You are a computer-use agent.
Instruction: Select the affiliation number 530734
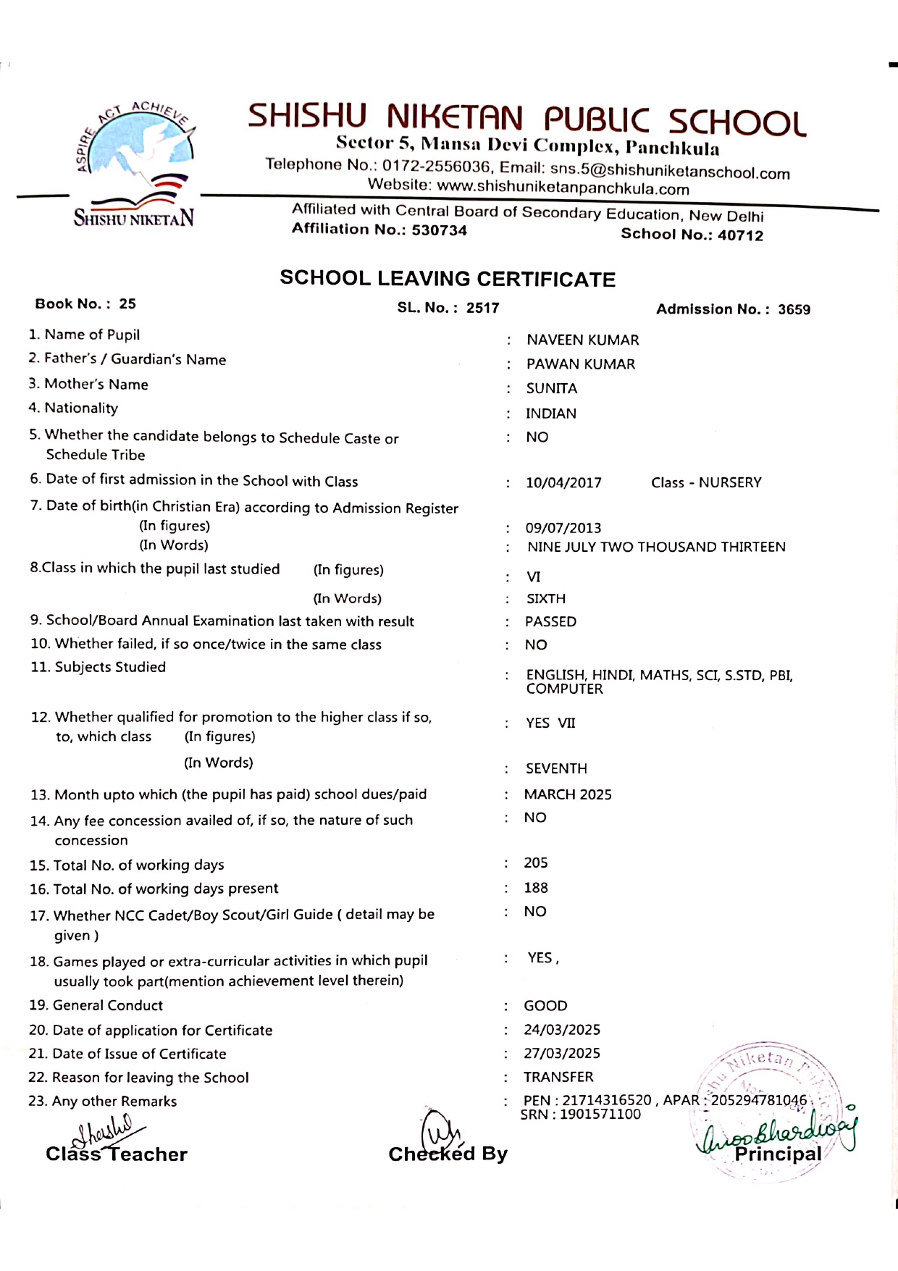click(x=439, y=230)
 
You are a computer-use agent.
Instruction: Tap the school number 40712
click(x=740, y=235)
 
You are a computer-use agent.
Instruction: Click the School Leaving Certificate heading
click(x=448, y=279)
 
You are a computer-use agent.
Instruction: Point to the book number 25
click(x=127, y=303)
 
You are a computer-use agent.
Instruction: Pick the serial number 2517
click(x=482, y=308)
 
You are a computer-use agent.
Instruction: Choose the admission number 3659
click(x=794, y=309)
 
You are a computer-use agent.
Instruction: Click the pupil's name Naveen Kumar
click(x=582, y=340)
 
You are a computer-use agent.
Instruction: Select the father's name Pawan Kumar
click(x=580, y=364)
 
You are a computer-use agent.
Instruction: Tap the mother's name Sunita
click(x=551, y=389)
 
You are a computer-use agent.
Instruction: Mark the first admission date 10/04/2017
click(x=563, y=483)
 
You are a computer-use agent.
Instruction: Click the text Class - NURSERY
click(x=706, y=482)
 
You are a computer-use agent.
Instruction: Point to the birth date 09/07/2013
click(x=563, y=528)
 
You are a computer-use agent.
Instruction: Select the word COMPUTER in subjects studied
click(x=564, y=689)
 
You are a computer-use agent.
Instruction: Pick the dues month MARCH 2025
click(x=568, y=794)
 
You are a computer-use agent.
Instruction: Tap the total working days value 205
click(x=536, y=863)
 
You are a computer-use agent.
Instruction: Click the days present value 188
click(x=536, y=888)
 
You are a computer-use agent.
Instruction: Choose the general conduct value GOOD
click(x=545, y=1006)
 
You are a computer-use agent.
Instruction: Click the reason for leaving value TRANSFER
click(x=558, y=1077)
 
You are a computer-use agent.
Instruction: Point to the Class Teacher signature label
click(x=117, y=1154)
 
